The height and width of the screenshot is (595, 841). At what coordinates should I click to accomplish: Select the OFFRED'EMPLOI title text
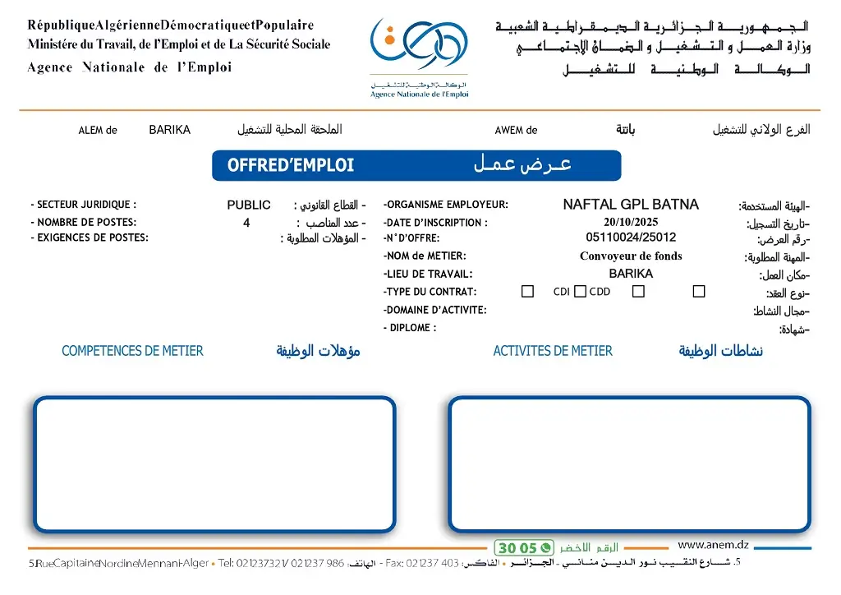pos(291,165)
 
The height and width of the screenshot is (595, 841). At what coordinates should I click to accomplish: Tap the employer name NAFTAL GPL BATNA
pos(631,205)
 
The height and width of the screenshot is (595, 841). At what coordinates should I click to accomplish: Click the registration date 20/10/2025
pos(631,222)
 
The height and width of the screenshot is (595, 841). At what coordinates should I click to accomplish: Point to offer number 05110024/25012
pos(631,238)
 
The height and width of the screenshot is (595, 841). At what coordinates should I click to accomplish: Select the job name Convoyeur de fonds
pos(631,256)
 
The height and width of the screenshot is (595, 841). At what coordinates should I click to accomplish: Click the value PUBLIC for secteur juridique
pos(249,205)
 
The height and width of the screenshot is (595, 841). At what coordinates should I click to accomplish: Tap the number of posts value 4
pos(246,223)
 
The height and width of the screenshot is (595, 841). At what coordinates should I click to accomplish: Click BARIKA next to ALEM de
pos(169,130)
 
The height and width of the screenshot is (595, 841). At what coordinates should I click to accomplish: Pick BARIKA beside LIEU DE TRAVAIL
pos(631,274)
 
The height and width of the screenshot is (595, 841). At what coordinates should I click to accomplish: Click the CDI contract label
pos(562,292)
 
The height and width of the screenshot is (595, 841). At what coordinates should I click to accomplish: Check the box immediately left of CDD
pos(580,292)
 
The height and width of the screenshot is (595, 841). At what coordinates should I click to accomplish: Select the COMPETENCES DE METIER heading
pos(132,351)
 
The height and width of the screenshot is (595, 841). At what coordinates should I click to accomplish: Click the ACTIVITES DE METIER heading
pos(553,351)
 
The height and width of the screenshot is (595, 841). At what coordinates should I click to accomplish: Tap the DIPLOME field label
pos(410,328)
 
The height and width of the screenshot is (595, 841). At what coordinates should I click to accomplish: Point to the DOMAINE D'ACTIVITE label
pos(434,310)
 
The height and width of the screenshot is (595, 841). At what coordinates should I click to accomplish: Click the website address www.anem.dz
pos(713,544)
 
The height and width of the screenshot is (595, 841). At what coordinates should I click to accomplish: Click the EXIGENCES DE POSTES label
pos(90,238)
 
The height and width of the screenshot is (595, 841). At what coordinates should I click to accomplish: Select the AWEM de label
pos(516,130)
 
